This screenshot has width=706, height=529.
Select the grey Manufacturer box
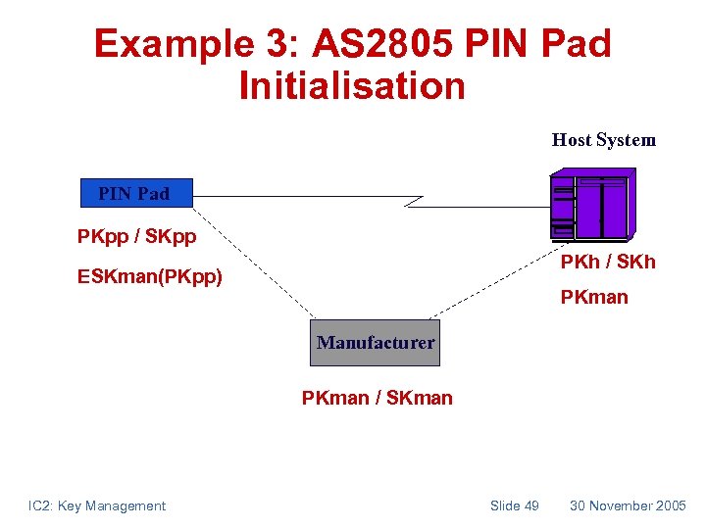(375, 343)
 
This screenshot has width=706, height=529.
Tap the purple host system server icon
(592, 205)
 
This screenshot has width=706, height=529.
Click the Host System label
(603, 140)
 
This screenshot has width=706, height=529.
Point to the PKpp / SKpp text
(136, 237)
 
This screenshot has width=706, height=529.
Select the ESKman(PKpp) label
(150, 277)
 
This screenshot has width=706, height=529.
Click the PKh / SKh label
(607, 262)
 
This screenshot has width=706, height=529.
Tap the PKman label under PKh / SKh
(594, 297)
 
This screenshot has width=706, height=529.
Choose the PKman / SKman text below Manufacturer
(377, 398)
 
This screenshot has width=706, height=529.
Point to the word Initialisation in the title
(352, 85)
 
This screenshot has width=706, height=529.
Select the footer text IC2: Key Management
(97, 505)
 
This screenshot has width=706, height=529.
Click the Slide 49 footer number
(514, 505)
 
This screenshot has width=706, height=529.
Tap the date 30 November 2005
(628, 505)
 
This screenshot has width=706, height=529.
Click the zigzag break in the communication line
(414, 201)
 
